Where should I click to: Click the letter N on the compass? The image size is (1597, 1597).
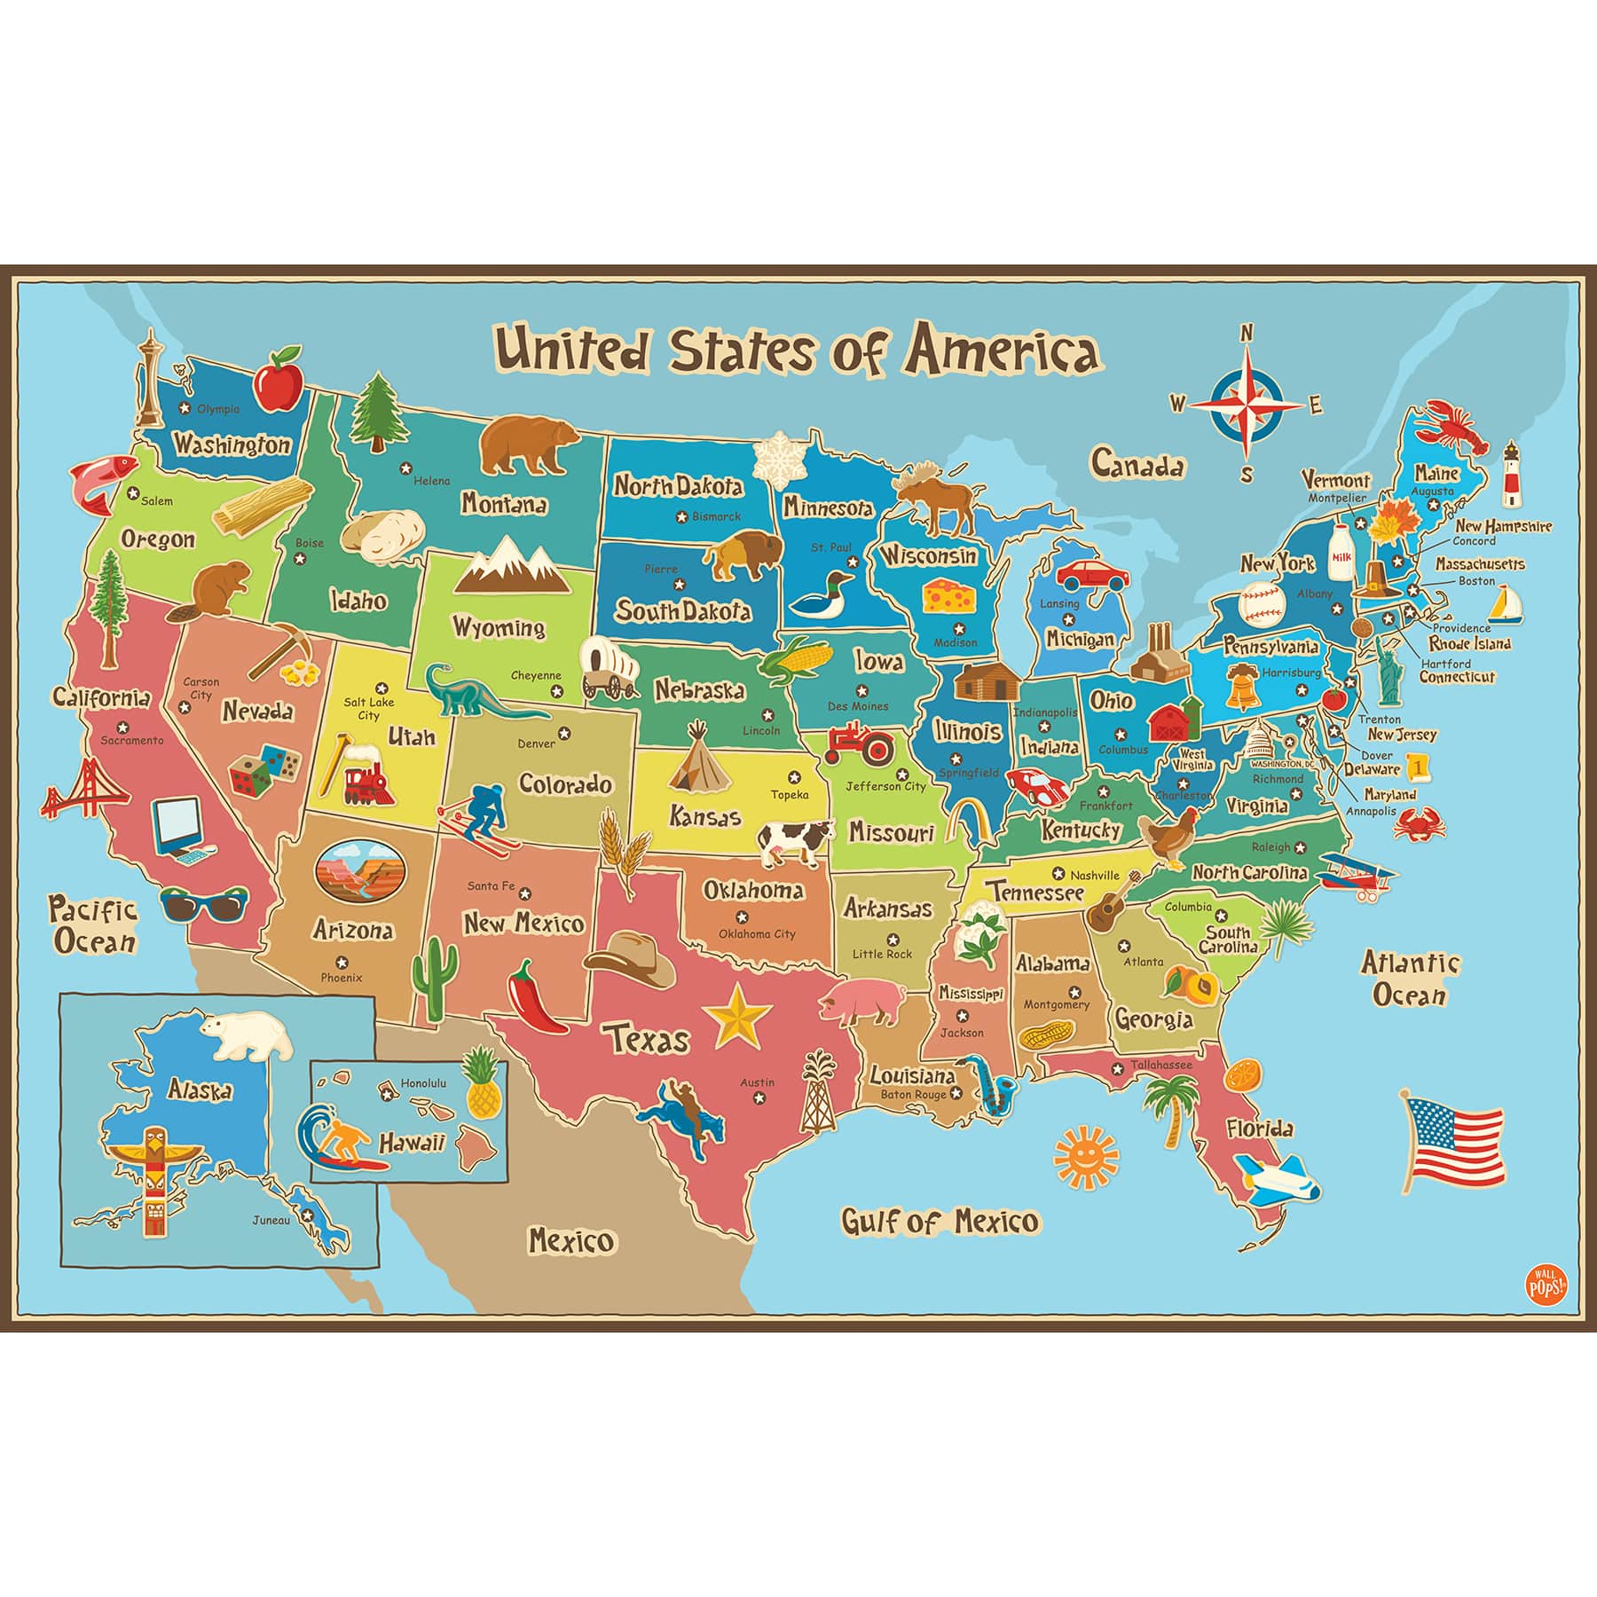pos(1246,333)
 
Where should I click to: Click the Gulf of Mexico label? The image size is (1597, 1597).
pos(940,1222)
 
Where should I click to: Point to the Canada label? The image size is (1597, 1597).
pos(1137,464)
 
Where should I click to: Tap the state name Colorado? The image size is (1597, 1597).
pos(565,784)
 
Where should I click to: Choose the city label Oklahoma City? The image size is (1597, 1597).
pos(757,933)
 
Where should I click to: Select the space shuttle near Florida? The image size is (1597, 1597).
pos(1277,1177)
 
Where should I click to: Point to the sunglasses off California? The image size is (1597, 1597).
pos(196,904)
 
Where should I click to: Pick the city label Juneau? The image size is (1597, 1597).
pos(271,1220)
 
